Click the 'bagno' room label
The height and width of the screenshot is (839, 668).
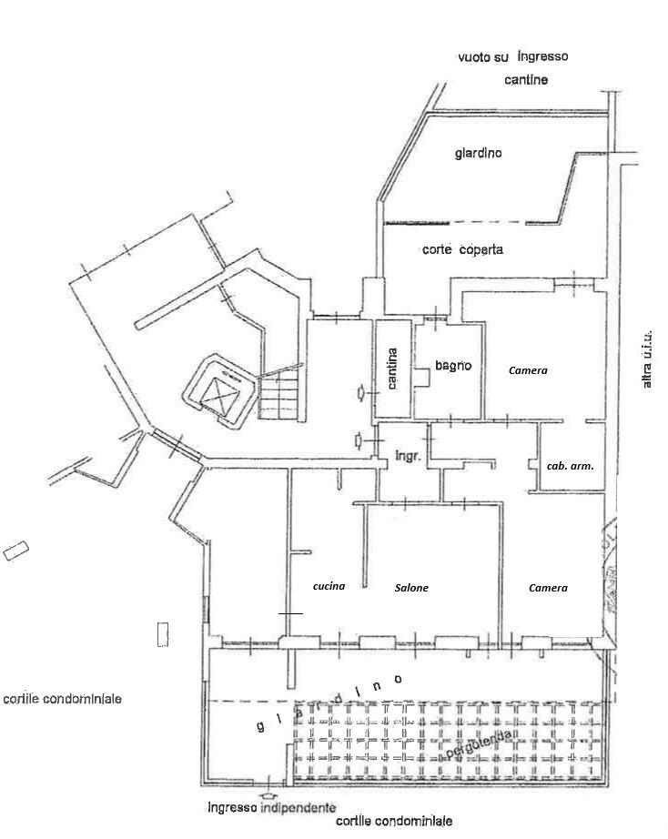tap(453, 366)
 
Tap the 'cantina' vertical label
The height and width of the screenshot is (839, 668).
tap(392, 369)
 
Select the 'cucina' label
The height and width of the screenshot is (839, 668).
tap(329, 586)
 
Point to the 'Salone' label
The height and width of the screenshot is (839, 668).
tap(411, 588)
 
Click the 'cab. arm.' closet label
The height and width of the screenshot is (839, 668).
tap(570, 466)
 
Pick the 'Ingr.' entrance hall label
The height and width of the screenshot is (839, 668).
tap(408, 457)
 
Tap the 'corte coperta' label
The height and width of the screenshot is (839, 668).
tap(462, 249)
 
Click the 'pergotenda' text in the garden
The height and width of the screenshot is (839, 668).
tap(478, 744)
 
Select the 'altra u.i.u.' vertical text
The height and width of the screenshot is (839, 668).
tap(646, 359)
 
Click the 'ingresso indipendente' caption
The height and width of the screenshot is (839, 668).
tap(272, 807)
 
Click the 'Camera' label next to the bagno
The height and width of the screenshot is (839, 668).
tap(528, 370)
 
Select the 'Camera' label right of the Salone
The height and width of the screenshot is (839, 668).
tap(548, 588)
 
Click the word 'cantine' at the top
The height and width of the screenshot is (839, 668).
tap(526, 80)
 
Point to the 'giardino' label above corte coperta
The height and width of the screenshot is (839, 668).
tap(479, 153)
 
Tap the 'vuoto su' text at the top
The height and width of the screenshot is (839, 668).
tap(483, 56)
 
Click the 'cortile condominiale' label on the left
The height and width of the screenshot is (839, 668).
tap(63, 699)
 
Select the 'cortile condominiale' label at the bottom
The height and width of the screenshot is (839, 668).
tap(394, 821)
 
